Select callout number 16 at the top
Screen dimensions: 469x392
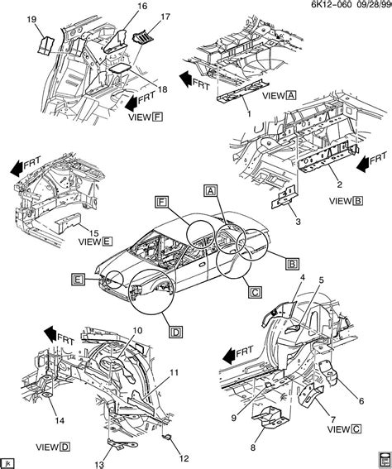coord(119,7)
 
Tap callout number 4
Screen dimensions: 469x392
coord(302,277)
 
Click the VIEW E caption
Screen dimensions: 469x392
coord(72,242)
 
